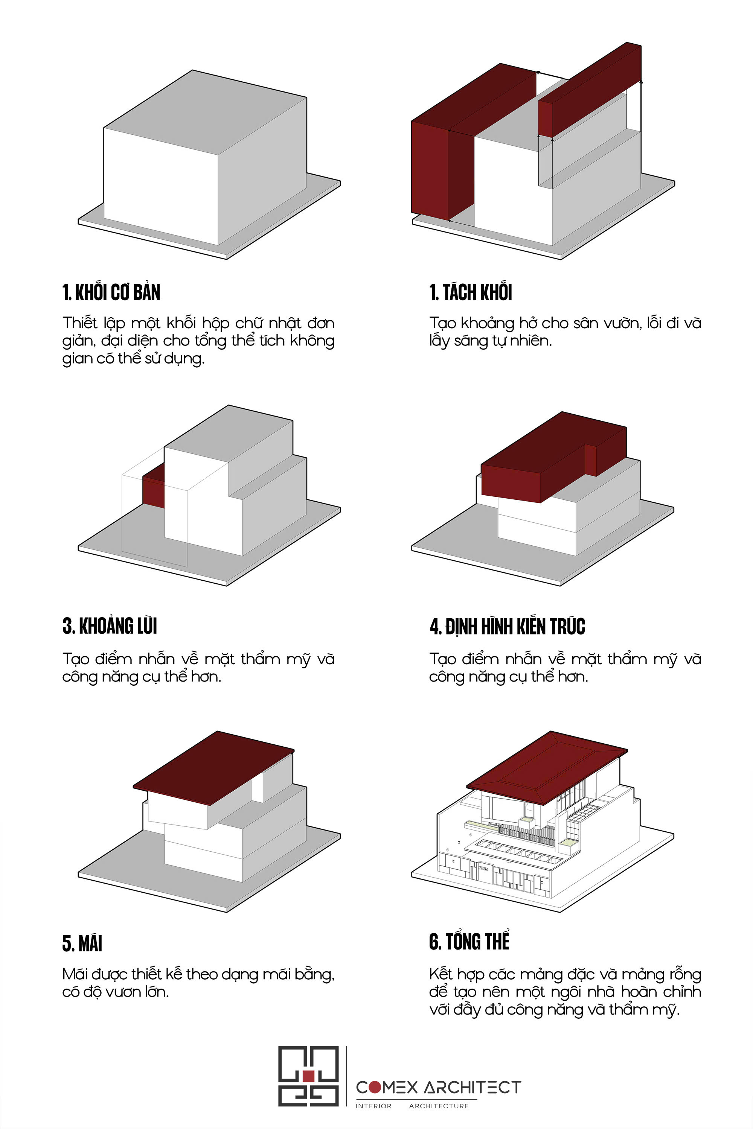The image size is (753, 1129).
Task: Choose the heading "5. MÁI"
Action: tap(82, 942)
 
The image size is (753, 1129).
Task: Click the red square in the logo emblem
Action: tap(308, 1076)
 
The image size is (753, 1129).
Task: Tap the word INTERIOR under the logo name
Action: tap(373, 1106)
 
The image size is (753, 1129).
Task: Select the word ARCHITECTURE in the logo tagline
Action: tap(439, 1106)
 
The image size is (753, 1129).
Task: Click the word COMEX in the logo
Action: tap(387, 1087)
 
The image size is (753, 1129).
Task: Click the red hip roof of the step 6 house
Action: tap(547, 767)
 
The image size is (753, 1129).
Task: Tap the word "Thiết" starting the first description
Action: tap(80, 323)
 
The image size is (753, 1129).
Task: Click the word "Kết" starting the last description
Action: tap(441, 974)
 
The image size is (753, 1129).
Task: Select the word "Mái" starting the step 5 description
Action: tap(75, 974)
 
